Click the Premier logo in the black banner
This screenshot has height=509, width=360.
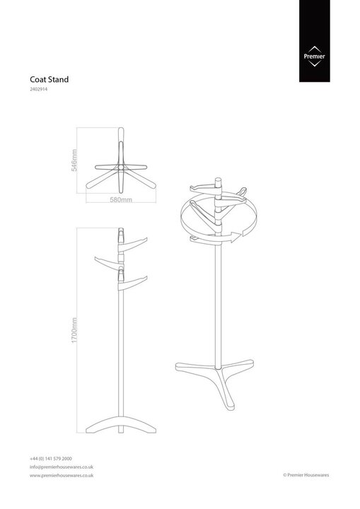[x=314, y=56]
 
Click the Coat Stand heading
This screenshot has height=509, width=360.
[x=50, y=79]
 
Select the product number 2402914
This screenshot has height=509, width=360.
[x=39, y=89]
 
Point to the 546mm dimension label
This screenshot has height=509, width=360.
[x=74, y=160]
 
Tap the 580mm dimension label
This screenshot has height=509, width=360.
[x=121, y=199]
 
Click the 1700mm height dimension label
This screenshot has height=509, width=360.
[x=74, y=330]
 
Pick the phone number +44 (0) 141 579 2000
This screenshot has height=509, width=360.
[x=51, y=459]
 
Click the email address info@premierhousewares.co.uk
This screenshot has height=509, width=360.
[x=62, y=467]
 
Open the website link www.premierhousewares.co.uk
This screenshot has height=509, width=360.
[x=62, y=475]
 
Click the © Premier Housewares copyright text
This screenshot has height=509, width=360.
[x=306, y=475]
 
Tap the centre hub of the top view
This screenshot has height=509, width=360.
[x=121, y=167]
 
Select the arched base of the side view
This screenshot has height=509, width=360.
[x=121, y=424]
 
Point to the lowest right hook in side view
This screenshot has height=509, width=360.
[x=133, y=283]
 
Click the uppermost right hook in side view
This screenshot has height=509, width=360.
[x=133, y=245]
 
